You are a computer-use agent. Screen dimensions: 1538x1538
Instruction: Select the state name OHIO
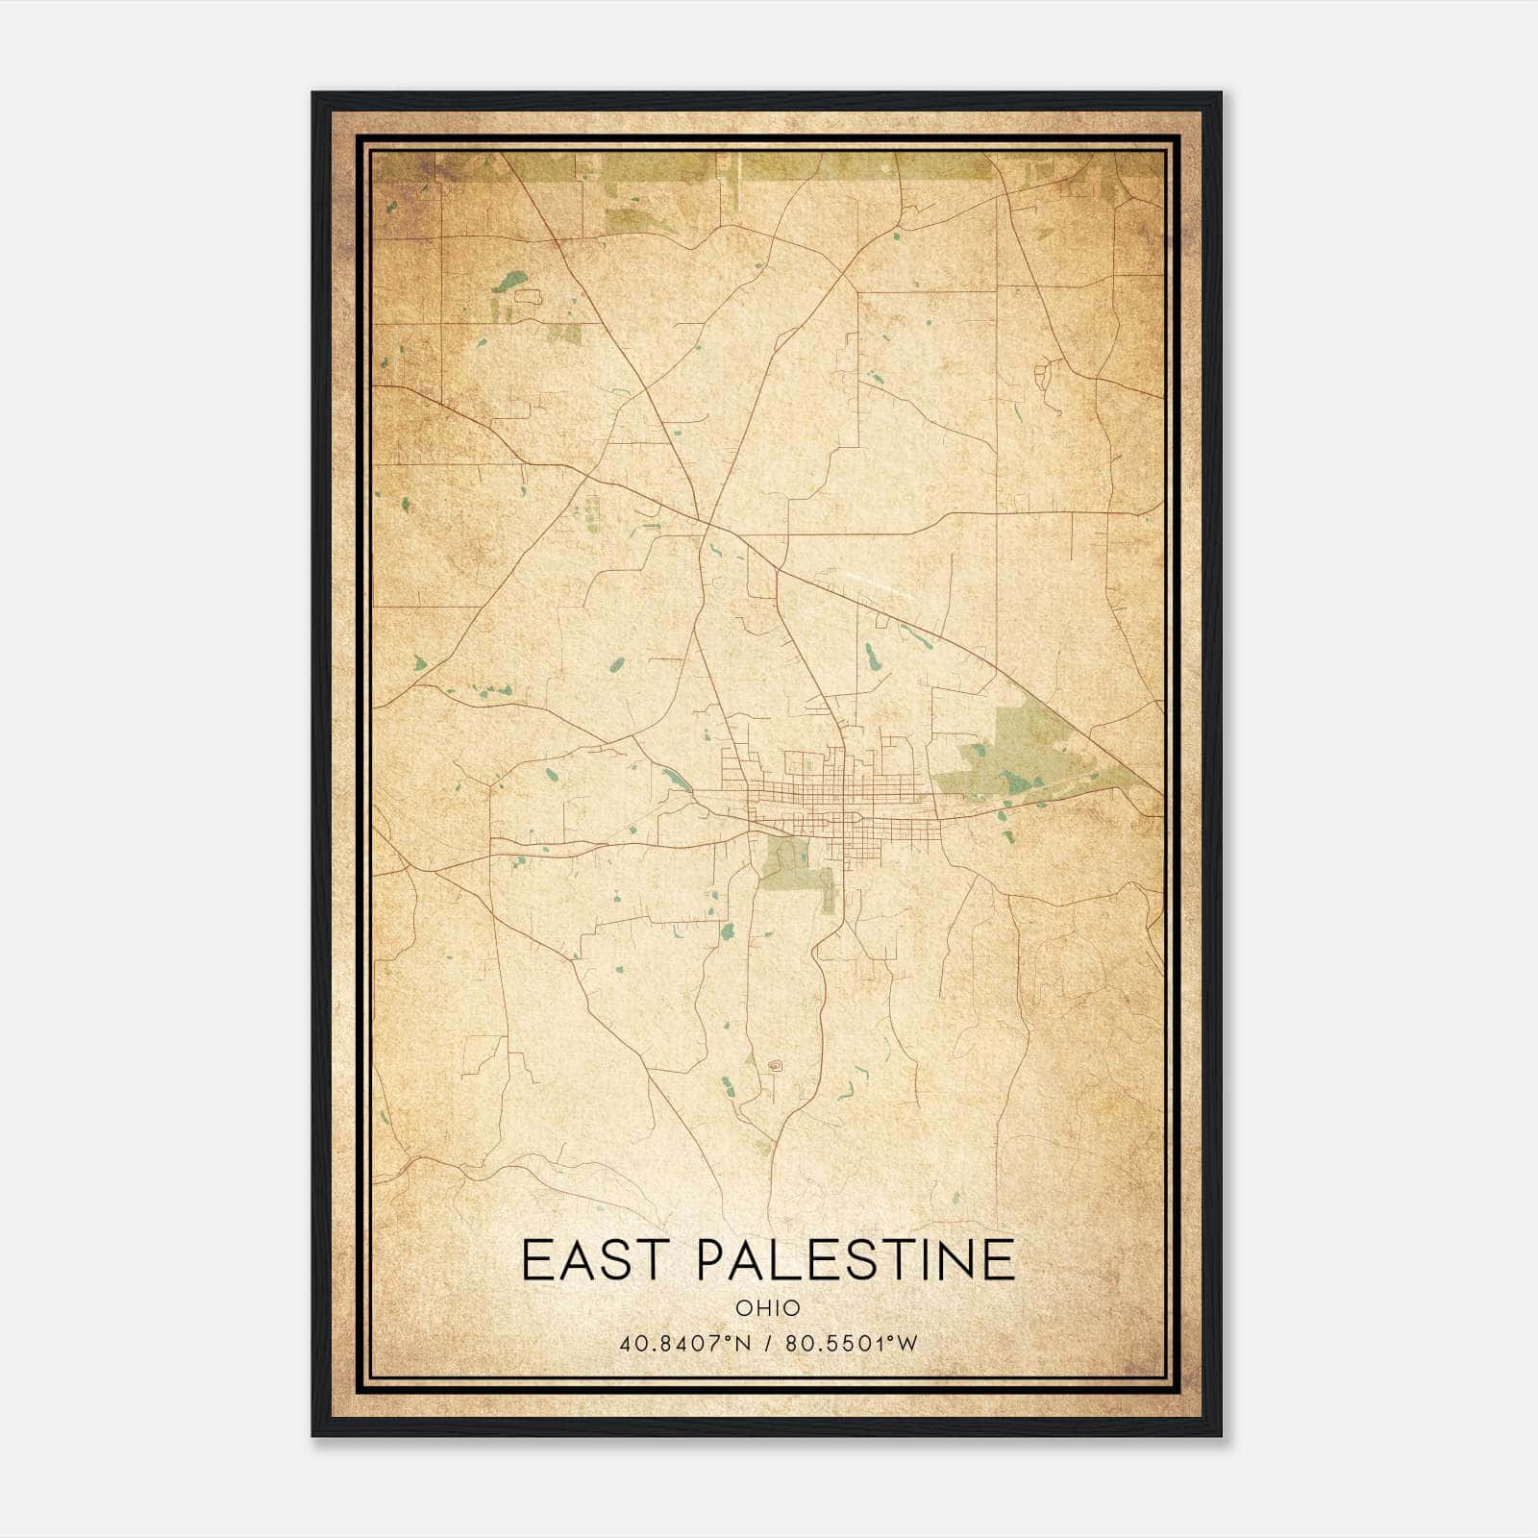767,1308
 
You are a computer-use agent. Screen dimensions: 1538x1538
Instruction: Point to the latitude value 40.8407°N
685,1343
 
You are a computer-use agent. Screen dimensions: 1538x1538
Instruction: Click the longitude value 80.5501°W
851,1343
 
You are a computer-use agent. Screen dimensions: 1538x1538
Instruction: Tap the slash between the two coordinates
768,1343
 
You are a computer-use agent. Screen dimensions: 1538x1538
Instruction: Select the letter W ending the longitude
907,1343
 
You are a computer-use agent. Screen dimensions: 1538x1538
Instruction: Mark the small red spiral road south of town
775,1065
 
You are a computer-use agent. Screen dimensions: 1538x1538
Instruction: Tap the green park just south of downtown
793,860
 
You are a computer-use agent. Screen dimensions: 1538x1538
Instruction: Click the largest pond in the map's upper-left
509,282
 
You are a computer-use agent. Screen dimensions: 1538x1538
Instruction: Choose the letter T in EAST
651,1259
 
